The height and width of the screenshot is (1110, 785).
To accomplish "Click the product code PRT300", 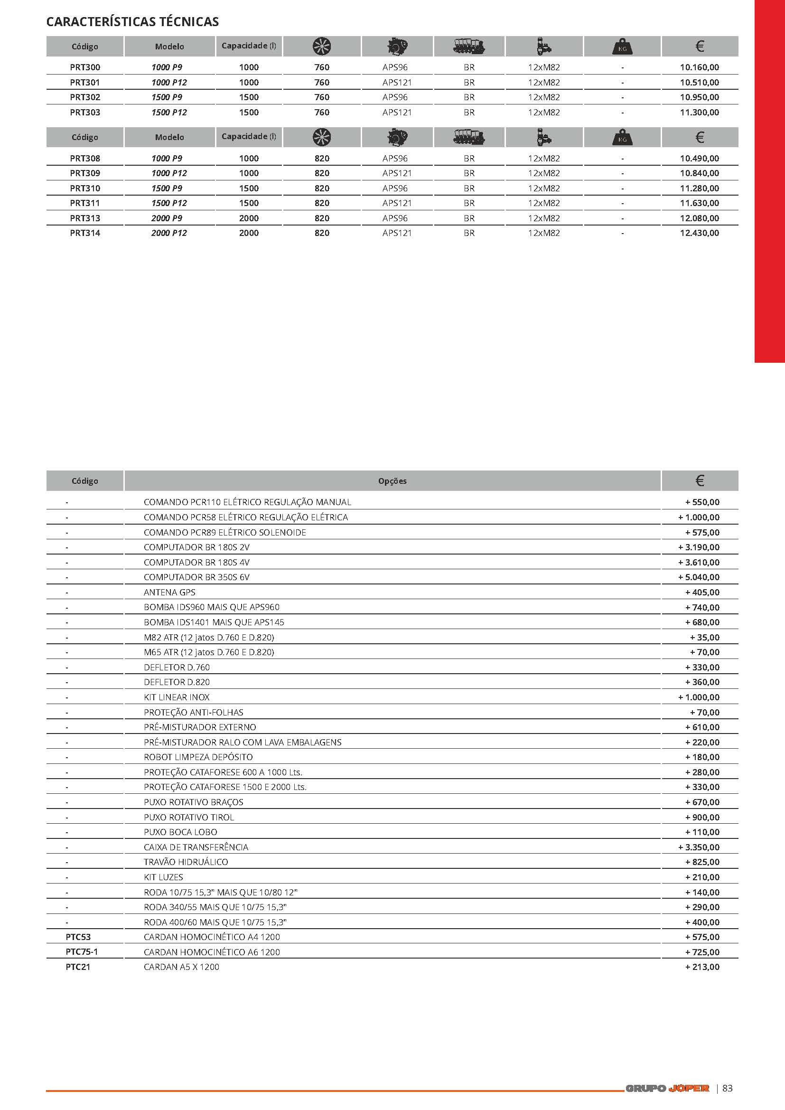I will (x=85, y=67).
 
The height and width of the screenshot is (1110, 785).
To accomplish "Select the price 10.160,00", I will (x=699, y=67).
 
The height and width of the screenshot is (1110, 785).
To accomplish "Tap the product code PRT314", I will (x=85, y=233).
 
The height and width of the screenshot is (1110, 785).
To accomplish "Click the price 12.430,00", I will (x=699, y=233).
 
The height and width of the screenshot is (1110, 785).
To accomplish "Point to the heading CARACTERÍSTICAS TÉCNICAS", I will (x=132, y=22).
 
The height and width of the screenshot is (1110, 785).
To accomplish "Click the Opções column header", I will (x=392, y=481).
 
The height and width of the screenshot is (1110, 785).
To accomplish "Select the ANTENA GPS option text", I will (x=169, y=592).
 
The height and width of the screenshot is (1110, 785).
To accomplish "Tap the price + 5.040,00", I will (x=699, y=577).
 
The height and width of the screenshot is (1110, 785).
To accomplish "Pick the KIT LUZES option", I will (x=163, y=877).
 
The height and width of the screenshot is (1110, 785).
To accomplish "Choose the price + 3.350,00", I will (x=699, y=847).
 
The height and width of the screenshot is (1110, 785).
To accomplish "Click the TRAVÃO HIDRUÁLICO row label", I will (x=186, y=862).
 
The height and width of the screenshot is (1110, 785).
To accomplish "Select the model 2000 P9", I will (x=167, y=218).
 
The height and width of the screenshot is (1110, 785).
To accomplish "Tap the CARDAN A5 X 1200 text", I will (x=181, y=967).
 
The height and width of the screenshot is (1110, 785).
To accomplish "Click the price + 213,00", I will (x=702, y=967).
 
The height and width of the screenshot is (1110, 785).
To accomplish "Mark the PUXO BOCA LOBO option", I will (x=180, y=832).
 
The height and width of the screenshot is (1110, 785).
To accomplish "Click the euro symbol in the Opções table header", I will (x=700, y=480).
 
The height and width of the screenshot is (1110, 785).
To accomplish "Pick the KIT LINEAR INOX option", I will (x=177, y=697).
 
